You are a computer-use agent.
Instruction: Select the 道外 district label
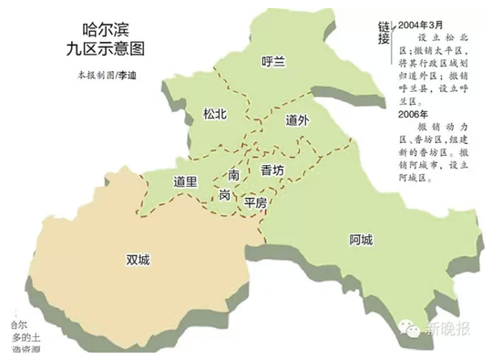click(x=298, y=120)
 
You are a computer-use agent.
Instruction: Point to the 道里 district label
click(x=186, y=181)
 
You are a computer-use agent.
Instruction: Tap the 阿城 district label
click(x=361, y=241)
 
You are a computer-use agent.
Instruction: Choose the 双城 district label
click(x=138, y=260)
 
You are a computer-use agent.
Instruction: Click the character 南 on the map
click(x=234, y=173)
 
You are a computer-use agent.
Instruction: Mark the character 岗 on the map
click(x=224, y=195)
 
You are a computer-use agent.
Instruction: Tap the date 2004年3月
click(x=422, y=24)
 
